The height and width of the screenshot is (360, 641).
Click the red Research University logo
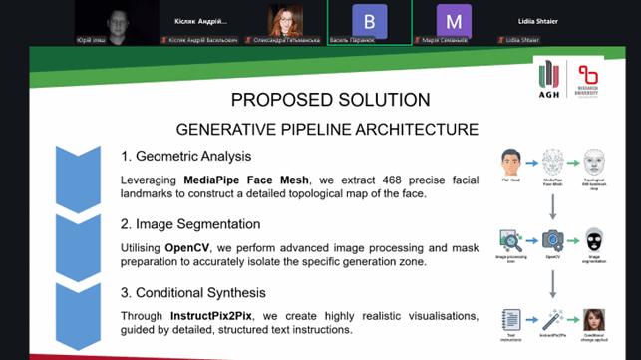coord(589,77)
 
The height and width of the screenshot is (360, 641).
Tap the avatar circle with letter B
coord(370,20)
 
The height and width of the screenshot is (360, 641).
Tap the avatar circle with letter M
coord(455,20)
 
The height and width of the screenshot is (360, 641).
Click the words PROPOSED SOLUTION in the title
coord(330,100)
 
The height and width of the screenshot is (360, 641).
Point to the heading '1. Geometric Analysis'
coord(185,156)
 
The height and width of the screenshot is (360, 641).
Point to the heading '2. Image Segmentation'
coord(190,224)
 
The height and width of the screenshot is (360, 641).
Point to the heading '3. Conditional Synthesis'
coord(195,293)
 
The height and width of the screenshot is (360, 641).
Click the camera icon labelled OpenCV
coord(552,241)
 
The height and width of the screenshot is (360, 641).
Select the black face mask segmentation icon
coord(594,240)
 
